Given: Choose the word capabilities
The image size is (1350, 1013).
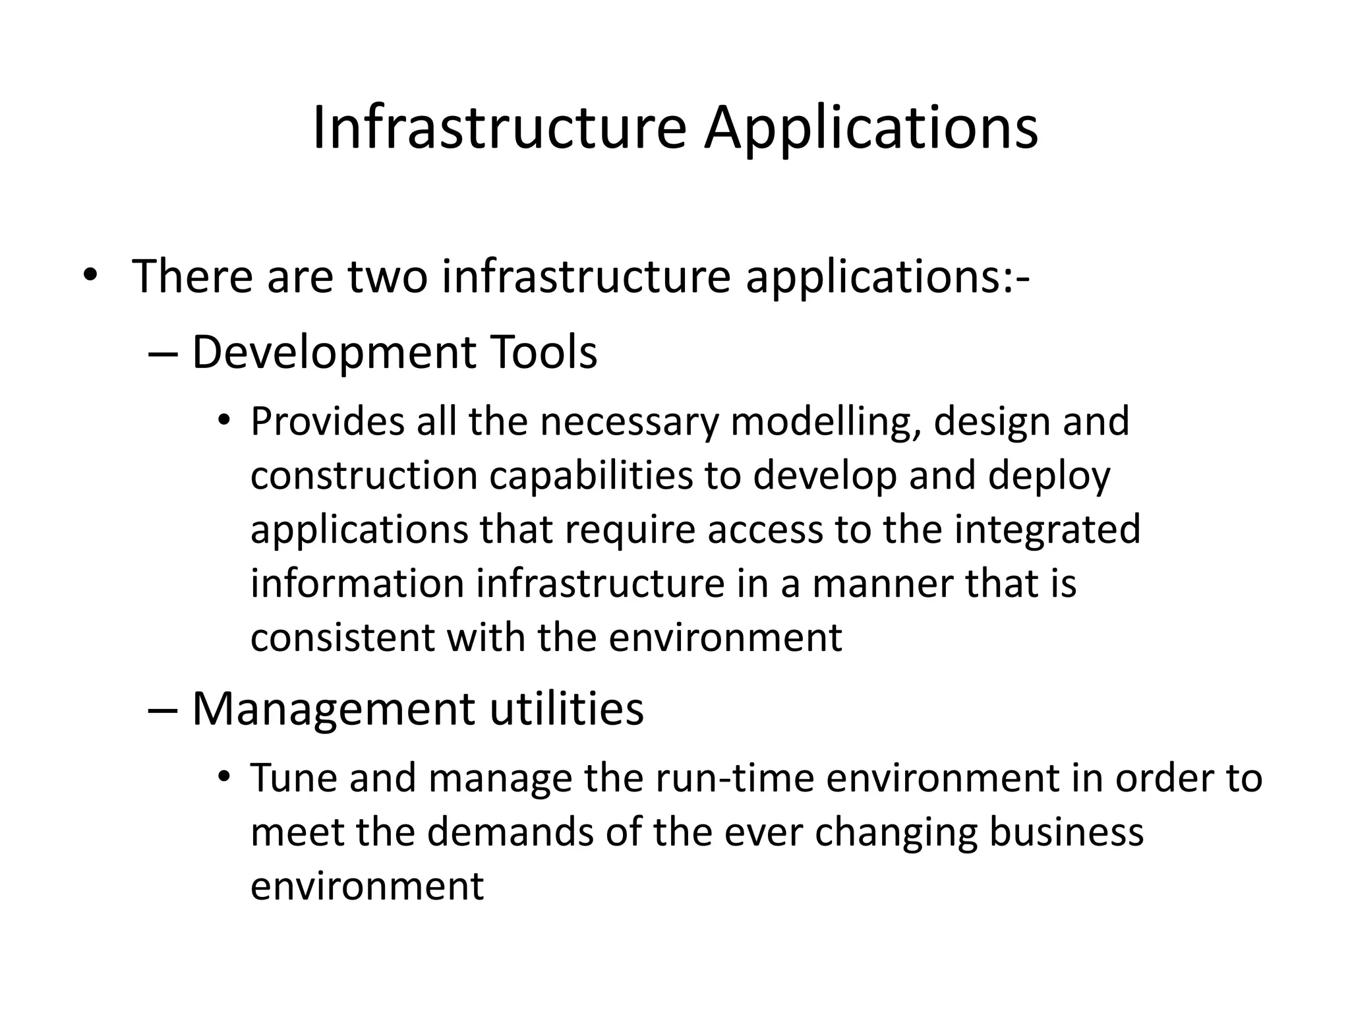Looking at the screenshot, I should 591,476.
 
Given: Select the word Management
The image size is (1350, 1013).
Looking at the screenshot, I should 333,709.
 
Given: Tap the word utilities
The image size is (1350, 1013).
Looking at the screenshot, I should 566,709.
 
